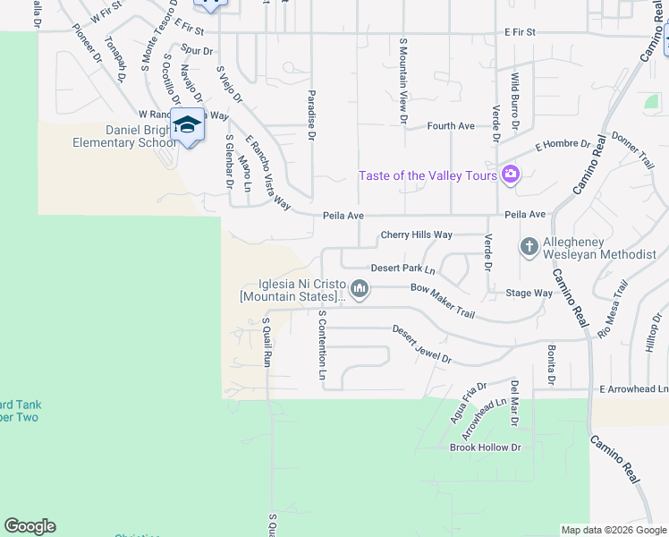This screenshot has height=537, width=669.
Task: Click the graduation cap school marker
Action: [187, 124]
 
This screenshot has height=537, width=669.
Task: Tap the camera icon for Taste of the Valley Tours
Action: [511, 174]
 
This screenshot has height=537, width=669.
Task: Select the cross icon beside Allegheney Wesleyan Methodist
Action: [529, 246]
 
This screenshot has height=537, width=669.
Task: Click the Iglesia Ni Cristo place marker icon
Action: [360, 288]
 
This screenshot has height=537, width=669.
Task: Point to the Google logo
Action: [30, 526]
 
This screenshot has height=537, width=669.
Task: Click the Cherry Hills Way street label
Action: [416, 234]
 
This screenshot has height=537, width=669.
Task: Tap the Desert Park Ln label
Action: [402, 268]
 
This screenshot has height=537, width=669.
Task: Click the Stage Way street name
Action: [529, 292]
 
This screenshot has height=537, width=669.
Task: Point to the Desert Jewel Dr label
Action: [421, 344]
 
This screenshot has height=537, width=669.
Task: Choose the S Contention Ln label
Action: [322, 344]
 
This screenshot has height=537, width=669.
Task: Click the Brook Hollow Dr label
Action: [485, 447]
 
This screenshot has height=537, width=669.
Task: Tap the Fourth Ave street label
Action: [451, 126]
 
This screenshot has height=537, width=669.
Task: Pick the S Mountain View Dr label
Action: [403, 81]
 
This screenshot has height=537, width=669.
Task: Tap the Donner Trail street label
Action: [633, 150]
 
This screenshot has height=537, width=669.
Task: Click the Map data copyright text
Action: [613, 530]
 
